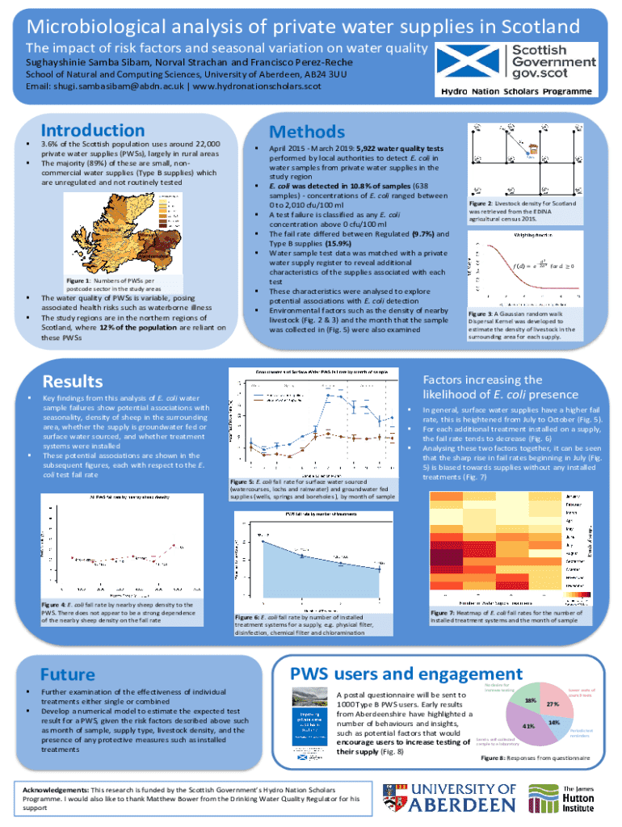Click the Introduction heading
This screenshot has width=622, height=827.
click(82, 131)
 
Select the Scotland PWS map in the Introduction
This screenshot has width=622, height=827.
click(132, 233)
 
